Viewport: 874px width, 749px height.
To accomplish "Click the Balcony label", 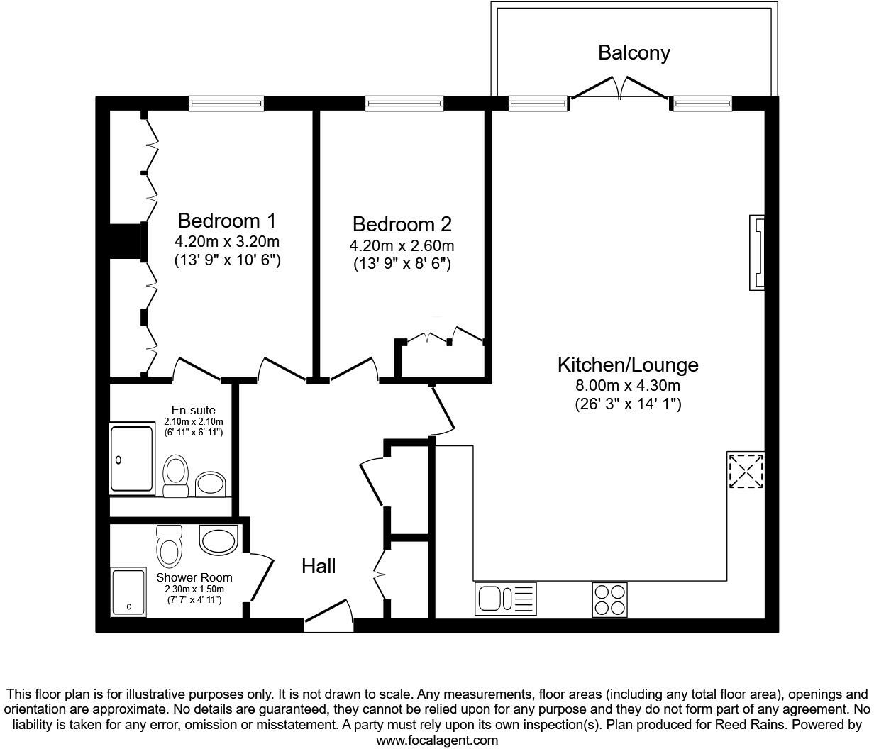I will tap(634, 53).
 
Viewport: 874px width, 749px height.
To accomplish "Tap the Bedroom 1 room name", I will tap(227, 220).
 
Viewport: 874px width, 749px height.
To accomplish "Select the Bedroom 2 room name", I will tap(402, 224).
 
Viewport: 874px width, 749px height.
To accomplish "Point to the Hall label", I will tap(319, 566).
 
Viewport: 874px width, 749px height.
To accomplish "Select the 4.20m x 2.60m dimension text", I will tap(402, 246).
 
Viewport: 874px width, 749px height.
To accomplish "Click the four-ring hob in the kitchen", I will tap(609, 599).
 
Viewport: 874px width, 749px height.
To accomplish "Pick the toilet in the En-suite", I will tap(175, 475).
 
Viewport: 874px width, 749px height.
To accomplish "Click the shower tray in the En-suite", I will tap(131, 459).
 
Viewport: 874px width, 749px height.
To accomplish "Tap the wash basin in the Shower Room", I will tap(219, 540).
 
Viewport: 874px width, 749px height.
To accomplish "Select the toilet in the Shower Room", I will tap(170, 545).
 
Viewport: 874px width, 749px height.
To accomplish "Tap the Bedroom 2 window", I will tap(404, 104).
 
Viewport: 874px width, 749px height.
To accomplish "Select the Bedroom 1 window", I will tap(226, 104).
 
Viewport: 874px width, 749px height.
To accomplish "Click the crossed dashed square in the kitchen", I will tap(746, 470).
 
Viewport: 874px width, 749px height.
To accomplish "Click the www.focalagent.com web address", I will tap(436, 740).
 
